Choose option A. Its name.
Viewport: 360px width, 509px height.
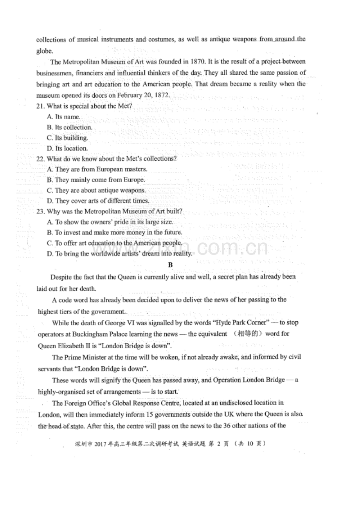[x=63, y=116]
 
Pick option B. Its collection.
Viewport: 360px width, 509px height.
[x=69, y=127]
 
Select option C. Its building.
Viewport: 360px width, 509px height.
[x=67, y=138]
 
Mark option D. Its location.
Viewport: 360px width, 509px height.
[x=67, y=148]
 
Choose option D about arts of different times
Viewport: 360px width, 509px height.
[x=98, y=201]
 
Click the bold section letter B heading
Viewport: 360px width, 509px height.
[x=170, y=265]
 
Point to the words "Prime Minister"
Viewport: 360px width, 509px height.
[x=85, y=357]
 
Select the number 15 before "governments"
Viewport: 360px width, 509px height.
[x=149, y=414]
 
